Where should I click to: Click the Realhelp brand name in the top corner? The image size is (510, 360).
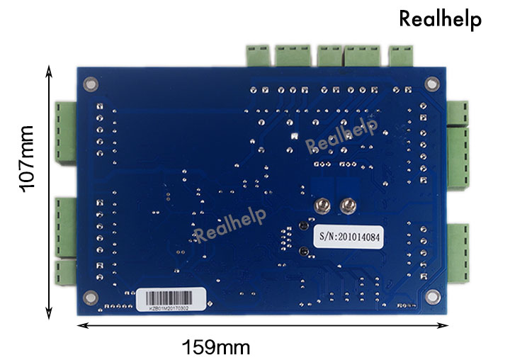point(440,19)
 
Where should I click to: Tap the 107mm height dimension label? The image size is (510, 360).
point(27,159)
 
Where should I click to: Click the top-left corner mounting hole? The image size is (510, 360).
point(89,84)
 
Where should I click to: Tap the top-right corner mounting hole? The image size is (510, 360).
point(431,84)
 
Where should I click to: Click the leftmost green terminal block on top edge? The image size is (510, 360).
point(258,55)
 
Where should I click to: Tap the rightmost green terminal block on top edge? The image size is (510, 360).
point(402,55)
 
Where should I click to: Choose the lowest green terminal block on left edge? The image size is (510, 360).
point(66,272)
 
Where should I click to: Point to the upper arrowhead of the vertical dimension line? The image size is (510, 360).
point(49,70)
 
